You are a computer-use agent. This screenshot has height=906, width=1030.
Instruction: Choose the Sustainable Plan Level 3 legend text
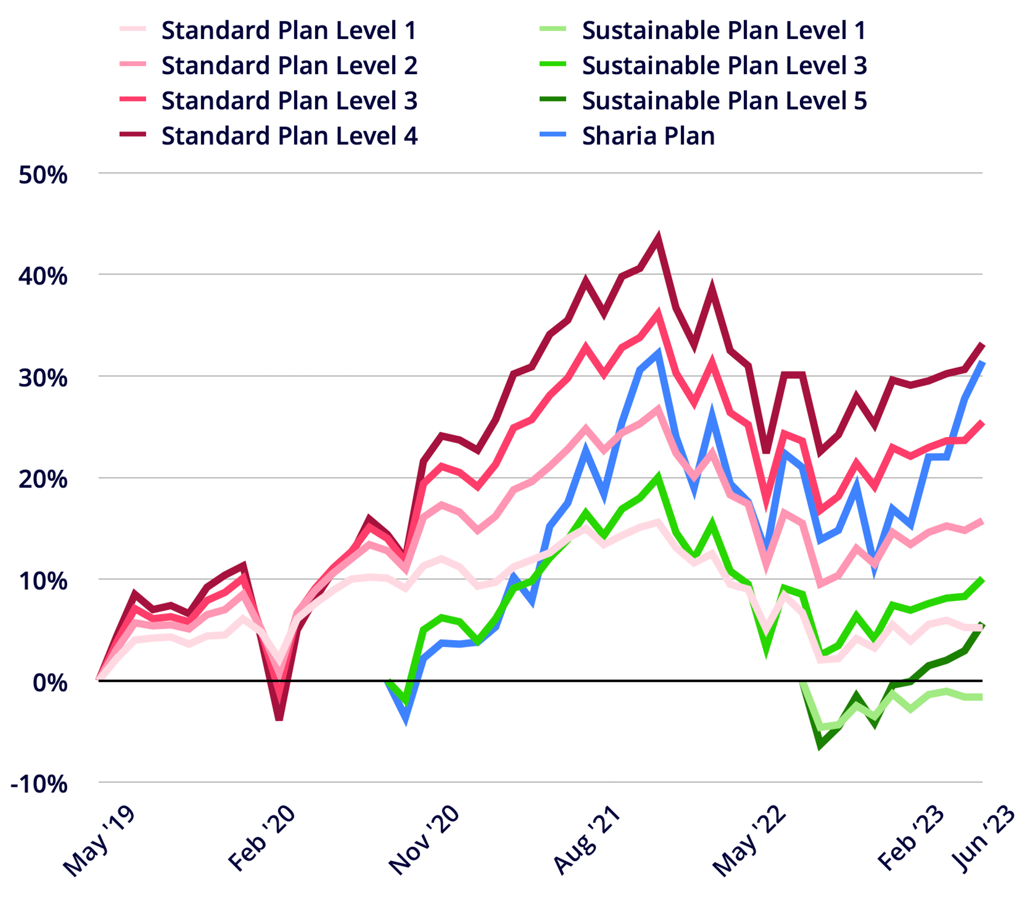724,65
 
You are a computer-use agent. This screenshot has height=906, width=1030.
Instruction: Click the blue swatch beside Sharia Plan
553,135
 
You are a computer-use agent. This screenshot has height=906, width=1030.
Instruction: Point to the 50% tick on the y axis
43,176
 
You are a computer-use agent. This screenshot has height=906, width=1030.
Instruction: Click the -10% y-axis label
39,784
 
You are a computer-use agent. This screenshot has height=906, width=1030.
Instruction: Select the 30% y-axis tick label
43,379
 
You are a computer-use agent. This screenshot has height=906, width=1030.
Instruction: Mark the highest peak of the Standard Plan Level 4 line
658,237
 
